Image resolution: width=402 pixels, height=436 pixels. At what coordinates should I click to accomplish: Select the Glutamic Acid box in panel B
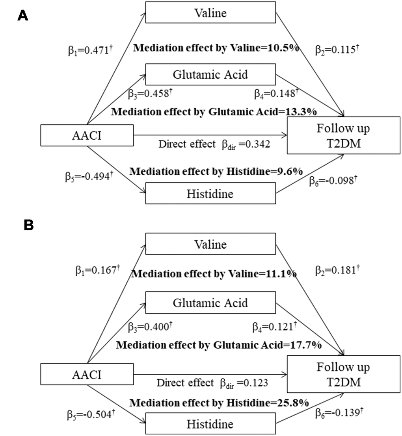pyautogui.click(x=211, y=303)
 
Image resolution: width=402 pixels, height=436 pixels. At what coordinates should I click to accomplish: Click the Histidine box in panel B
pyautogui.click(x=211, y=424)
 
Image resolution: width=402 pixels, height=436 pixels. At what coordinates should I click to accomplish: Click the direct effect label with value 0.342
pyautogui.click(x=214, y=144)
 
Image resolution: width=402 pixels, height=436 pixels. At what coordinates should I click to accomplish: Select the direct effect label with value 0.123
pyautogui.click(x=213, y=383)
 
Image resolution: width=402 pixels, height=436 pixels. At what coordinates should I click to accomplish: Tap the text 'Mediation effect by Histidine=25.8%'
pyautogui.click(x=219, y=403)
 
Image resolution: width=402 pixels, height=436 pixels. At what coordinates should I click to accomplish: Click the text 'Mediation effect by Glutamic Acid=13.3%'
pyautogui.click(x=214, y=112)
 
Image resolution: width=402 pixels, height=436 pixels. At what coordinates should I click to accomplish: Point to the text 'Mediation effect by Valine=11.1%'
pyautogui.click(x=214, y=273)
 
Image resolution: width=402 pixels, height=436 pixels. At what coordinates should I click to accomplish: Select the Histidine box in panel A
pyautogui.click(x=211, y=194)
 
